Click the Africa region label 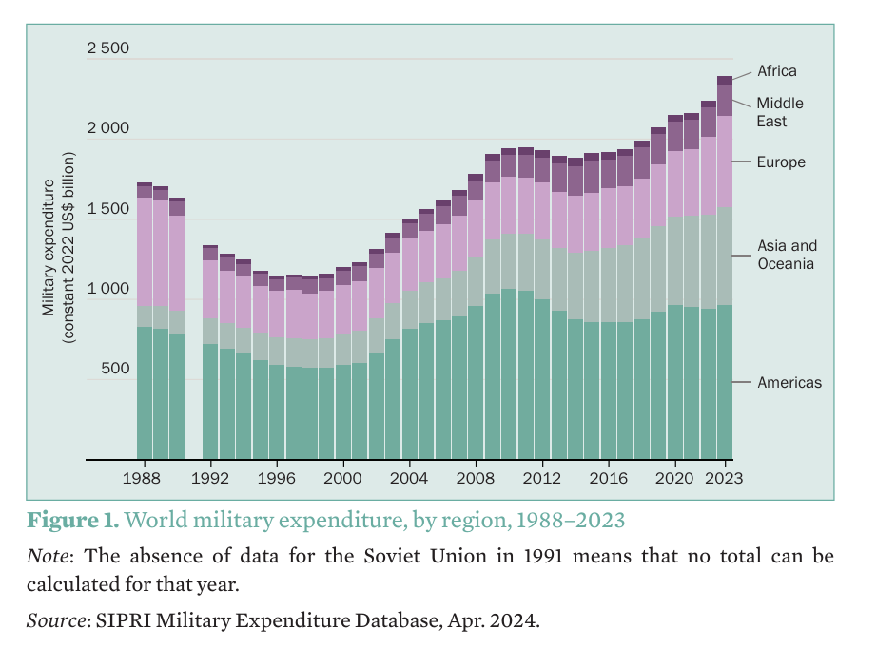pyautogui.click(x=776, y=71)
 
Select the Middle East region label pyautogui.click(x=780, y=112)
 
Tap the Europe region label pyautogui.click(x=781, y=162)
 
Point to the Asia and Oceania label pyautogui.click(x=787, y=255)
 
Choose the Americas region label pyautogui.click(x=789, y=383)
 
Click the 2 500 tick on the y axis pyautogui.click(x=107, y=48)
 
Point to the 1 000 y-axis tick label pyautogui.click(x=107, y=289)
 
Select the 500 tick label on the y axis pyautogui.click(x=115, y=369)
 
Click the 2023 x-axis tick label pyautogui.click(x=725, y=478)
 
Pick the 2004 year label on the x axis pyautogui.click(x=409, y=478)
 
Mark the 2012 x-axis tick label pyautogui.click(x=542, y=478)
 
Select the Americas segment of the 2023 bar pyautogui.click(x=725, y=380)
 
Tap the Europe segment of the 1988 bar pyautogui.click(x=145, y=251)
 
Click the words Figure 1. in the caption pyautogui.click(x=72, y=521)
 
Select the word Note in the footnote pyautogui.click(x=44, y=555)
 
